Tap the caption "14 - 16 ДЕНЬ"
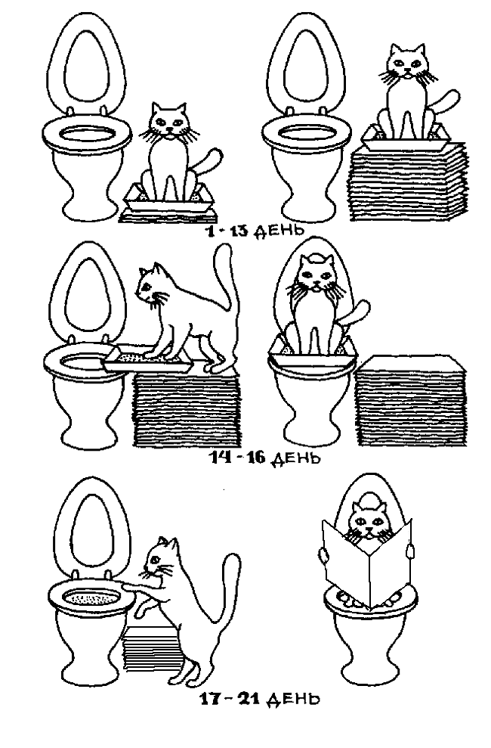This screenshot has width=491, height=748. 265,458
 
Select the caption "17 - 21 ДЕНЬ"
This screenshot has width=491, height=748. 260,700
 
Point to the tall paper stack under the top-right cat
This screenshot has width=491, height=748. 406,182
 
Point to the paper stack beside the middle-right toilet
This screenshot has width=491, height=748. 411,400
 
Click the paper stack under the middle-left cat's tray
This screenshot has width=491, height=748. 186,409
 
